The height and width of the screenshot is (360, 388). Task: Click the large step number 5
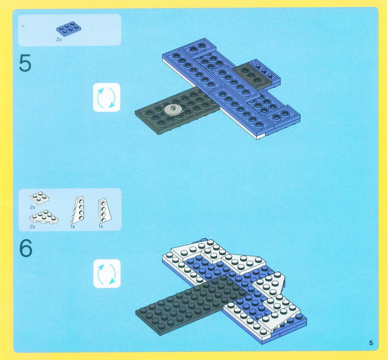pyautogui.click(x=25, y=63)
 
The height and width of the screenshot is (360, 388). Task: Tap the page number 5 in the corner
pyautogui.click(x=371, y=343)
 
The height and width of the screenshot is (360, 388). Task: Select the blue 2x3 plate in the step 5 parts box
pyautogui.click(x=69, y=29)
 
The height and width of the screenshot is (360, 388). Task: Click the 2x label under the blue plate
pyautogui.click(x=59, y=39)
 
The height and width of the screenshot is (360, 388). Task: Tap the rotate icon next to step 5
pyautogui.click(x=106, y=97)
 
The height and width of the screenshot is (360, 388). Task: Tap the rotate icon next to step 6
pyautogui.click(x=107, y=273)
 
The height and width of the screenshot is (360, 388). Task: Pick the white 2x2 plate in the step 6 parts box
pyautogui.click(x=40, y=197)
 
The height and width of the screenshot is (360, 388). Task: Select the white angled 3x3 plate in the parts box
pyautogui.click(x=44, y=217)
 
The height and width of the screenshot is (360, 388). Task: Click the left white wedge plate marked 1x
pyautogui.click(x=78, y=210)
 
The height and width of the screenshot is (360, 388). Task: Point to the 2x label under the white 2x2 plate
pyautogui.click(x=32, y=207)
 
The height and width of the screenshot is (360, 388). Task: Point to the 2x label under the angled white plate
pyautogui.click(x=32, y=227)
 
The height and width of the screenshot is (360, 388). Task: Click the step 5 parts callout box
pyautogui.click(x=69, y=30)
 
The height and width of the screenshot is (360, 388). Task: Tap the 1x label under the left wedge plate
pyautogui.click(x=73, y=226)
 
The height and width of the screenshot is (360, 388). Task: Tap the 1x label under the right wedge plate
pyautogui.click(x=101, y=226)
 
